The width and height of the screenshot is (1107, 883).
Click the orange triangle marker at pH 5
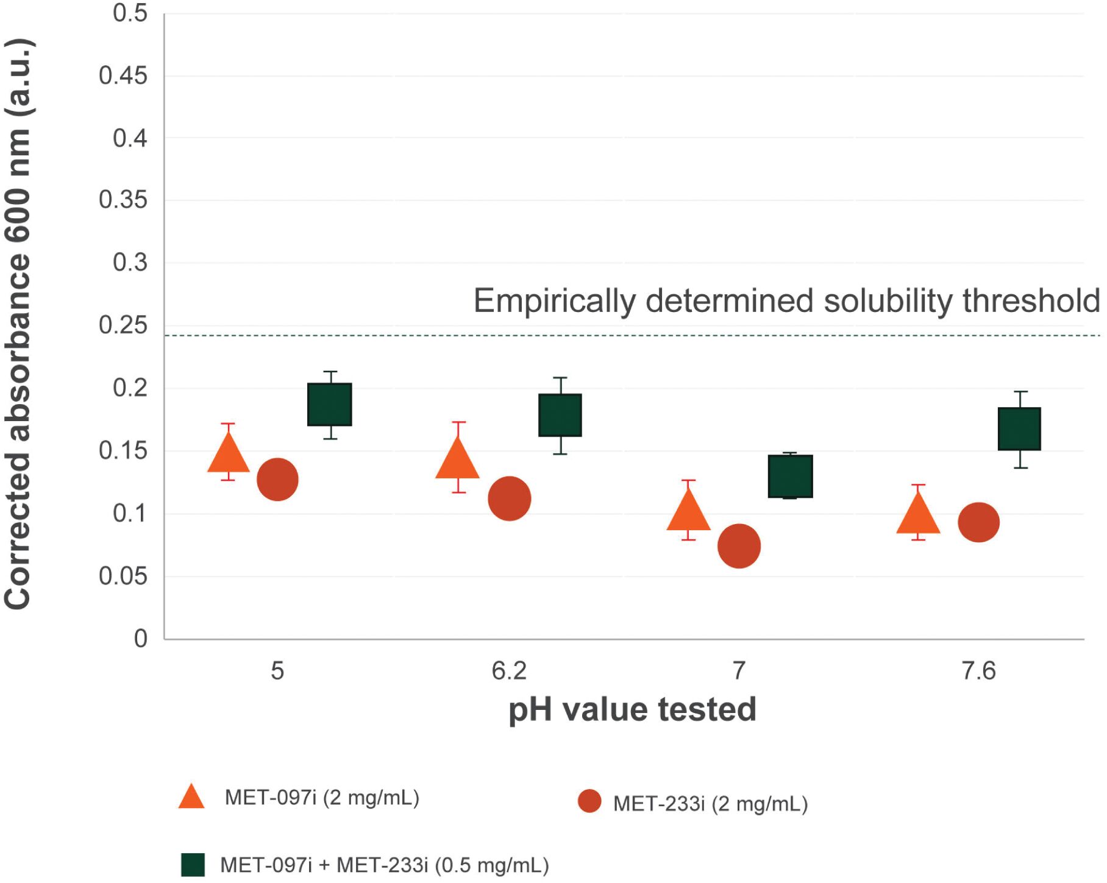click(x=229, y=454)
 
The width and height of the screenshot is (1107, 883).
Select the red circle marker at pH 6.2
click(x=510, y=498)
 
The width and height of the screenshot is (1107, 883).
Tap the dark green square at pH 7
click(x=791, y=476)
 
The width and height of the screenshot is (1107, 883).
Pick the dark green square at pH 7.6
click(x=1019, y=429)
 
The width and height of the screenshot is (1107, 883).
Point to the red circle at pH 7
click(x=739, y=546)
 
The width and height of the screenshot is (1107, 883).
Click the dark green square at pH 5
click(x=330, y=404)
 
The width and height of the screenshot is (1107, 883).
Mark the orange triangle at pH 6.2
click(x=457, y=458)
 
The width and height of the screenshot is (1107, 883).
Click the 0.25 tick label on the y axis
click(x=123, y=325)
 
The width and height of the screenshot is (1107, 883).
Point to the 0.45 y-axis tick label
click(x=123, y=76)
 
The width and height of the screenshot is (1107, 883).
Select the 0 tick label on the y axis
click(x=141, y=639)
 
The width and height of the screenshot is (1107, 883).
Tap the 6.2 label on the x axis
click(x=509, y=671)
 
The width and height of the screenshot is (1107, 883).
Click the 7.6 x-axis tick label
click(x=978, y=671)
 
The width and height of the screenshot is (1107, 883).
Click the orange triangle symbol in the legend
click(x=191, y=796)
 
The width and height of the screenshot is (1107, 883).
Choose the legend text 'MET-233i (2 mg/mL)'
click(x=710, y=804)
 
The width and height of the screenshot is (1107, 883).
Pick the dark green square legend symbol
click(x=193, y=865)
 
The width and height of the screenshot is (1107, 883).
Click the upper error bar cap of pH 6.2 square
click(x=560, y=378)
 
